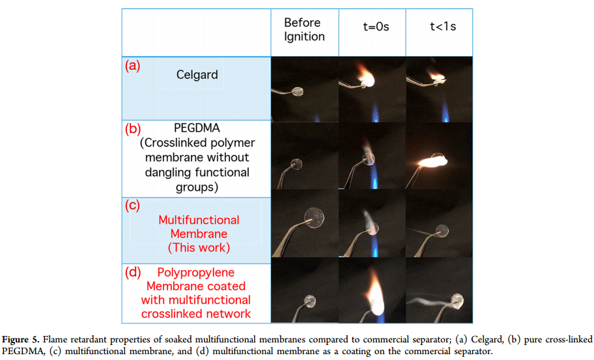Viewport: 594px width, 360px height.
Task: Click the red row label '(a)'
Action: click(x=133, y=66)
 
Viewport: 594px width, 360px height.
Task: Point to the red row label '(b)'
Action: click(x=133, y=128)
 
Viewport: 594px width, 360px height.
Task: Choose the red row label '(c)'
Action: click(x=133, y=205)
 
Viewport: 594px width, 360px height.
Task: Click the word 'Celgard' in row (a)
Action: click(x=197, y=75)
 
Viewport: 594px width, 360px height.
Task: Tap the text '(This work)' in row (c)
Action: click(x=199, y=247)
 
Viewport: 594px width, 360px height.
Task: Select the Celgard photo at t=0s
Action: click(x=372, y=89)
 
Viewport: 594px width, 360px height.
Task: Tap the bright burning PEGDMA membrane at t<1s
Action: click(x=436, y=158)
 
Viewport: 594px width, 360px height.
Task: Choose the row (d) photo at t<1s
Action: click(x=439, y=291)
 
